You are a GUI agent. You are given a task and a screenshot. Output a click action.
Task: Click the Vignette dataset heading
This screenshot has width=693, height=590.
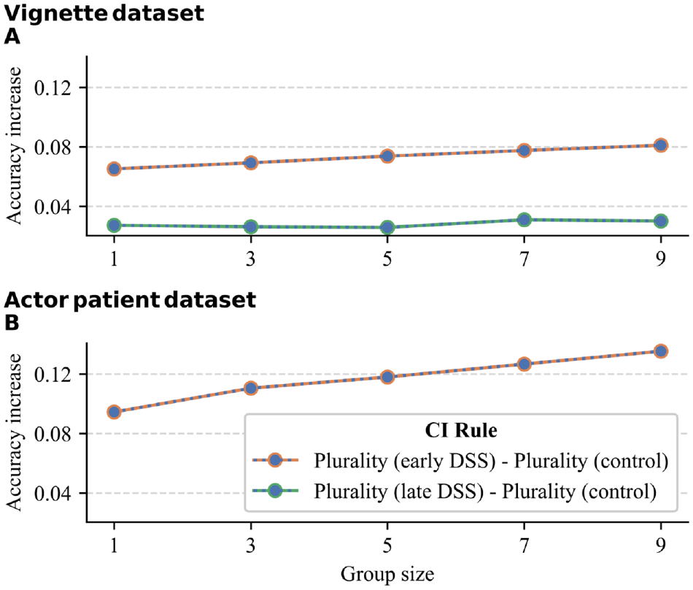(104, 13)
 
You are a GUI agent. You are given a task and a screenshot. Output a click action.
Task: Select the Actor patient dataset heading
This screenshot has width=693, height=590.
(131, 300)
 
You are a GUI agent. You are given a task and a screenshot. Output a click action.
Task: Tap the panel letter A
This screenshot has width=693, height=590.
(12, 37)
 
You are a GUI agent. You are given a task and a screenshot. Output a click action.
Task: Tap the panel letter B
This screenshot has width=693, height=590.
(12, 323)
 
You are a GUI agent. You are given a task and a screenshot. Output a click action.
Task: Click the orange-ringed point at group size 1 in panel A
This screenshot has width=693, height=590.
(114, 169)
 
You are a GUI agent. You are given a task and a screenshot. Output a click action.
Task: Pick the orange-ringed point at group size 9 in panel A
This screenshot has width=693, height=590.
(661, 145)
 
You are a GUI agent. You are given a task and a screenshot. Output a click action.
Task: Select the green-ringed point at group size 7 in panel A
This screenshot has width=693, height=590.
(524, 219)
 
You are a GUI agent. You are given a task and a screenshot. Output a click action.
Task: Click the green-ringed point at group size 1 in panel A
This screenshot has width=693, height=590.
(114, 225)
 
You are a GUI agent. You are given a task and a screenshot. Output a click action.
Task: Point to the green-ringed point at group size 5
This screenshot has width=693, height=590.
(387, 227)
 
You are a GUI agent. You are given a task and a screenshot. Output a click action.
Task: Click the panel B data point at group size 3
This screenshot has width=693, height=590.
(251, 388)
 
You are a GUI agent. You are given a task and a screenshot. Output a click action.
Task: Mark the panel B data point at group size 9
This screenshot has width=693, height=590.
(661, 352)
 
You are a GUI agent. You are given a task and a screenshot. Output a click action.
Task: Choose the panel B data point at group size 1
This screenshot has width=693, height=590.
(114, 413)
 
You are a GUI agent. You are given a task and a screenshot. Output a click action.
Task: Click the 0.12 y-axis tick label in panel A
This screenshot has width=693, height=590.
(53, 88)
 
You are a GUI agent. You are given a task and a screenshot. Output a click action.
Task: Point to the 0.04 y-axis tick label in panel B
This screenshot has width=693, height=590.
(53, 494)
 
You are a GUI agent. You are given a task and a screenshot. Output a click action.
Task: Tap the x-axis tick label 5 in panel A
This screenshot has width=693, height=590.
(387, 258)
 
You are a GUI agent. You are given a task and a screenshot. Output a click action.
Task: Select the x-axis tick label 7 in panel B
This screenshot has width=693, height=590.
(524, 545)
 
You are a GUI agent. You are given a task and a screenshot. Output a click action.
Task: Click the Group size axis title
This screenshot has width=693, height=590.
(387, 575)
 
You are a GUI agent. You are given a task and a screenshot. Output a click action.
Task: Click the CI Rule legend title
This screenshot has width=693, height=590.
(461, 430)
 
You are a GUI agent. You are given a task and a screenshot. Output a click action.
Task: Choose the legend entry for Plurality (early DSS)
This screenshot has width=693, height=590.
(460, 461)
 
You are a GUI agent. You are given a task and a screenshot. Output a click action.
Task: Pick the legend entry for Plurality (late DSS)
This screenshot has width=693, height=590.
(454, 491)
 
